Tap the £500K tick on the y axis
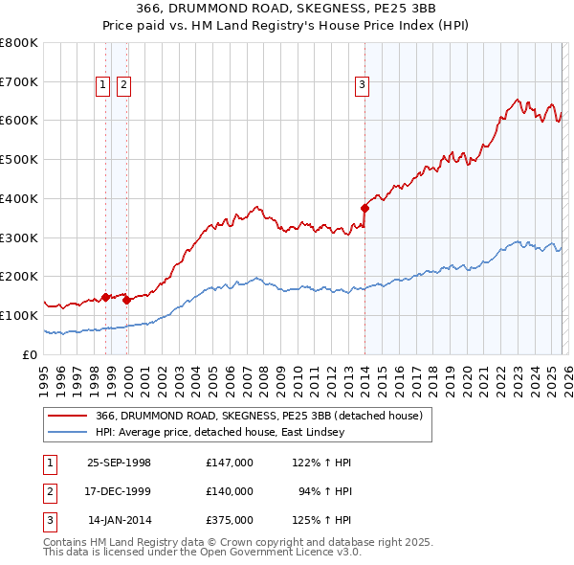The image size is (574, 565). click(19, 159)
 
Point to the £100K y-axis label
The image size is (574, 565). click(19, 315)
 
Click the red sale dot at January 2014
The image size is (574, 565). click(364, 208)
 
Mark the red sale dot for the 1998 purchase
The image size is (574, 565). click(106, 297)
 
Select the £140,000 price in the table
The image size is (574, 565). click(229, 491)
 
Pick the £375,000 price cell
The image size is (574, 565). click(229, 520)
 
